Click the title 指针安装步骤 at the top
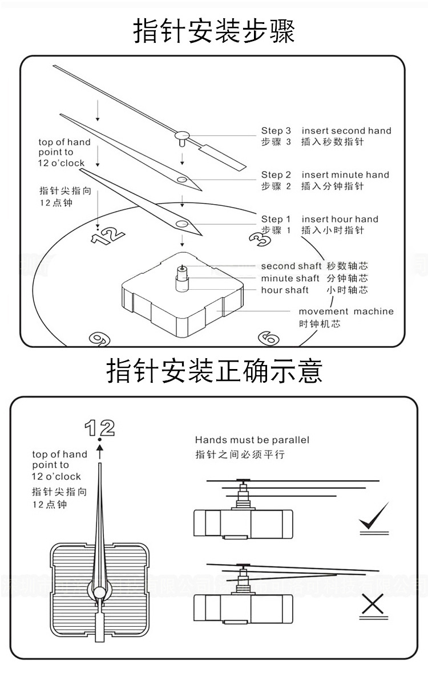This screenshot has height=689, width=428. coord(214,31)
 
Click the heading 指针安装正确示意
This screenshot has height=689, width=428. coord(214,371)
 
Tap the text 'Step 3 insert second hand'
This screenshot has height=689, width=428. coord(326,131)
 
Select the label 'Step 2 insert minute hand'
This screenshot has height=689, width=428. coord(325,175)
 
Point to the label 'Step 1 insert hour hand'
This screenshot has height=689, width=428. coord(320,219)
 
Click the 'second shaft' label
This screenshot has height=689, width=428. coord(291,266)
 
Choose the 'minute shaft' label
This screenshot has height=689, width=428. coord(290,278)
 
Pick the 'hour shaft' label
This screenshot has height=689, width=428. coord(285,290)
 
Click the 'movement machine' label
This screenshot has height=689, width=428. coord(346,311)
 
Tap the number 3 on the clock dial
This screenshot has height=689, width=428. coord(260,239)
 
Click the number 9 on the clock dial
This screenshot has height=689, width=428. coord(100,339)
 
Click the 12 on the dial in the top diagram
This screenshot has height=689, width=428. coord(107,234)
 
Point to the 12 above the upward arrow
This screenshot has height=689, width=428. coord(99,427)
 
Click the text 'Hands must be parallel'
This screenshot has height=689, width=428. coord(252,440)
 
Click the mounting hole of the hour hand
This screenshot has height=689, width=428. coord(182,224)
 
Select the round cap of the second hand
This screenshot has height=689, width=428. coord(182,135)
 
